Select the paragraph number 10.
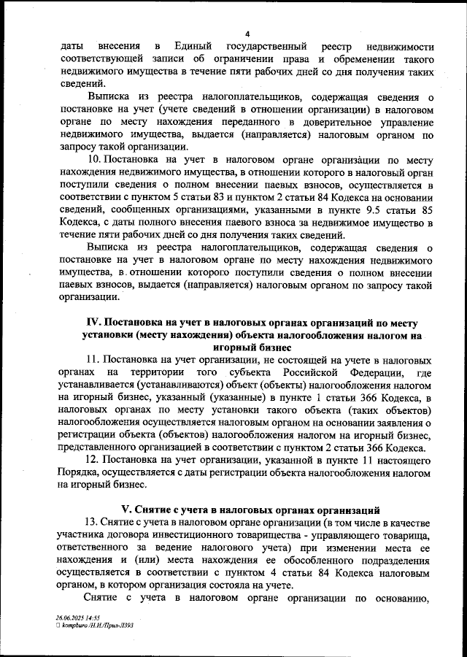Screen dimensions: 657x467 pyautogui.click(x=93, y=160)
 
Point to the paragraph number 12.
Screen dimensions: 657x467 pyautogui.click(x=92, y=460)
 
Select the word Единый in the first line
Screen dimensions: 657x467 pyautogui.click(x=175, y=46)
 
